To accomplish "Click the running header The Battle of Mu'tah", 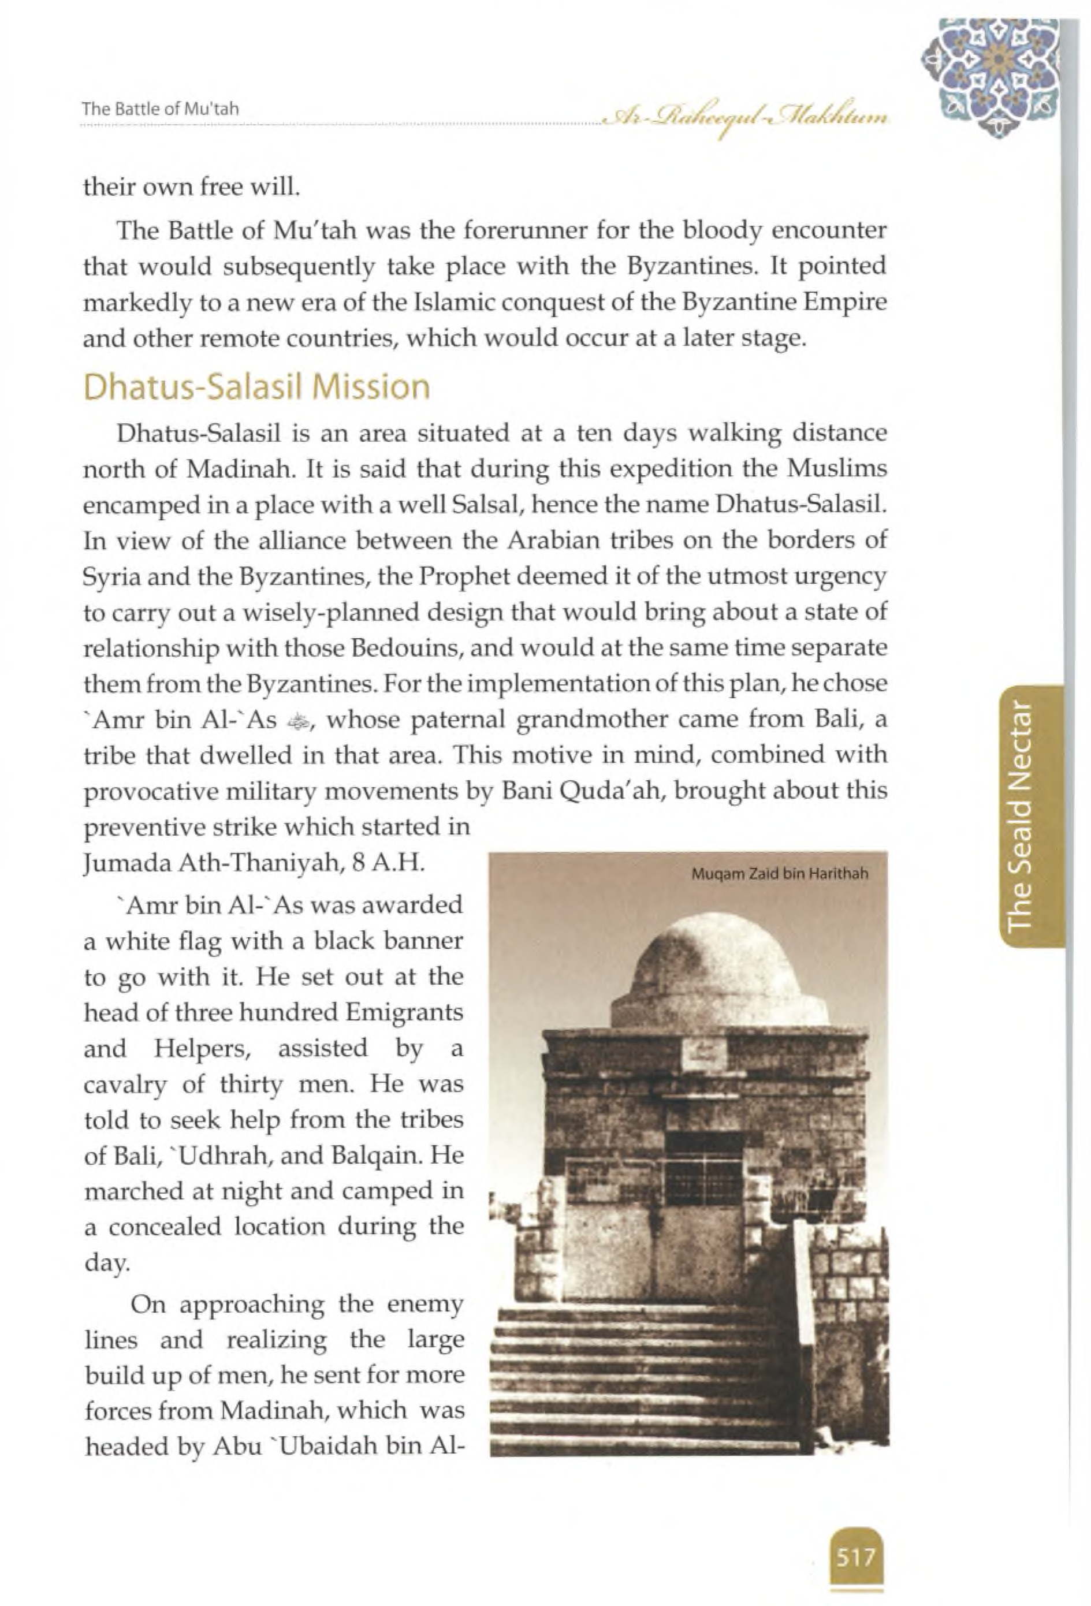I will (x=161, y=109).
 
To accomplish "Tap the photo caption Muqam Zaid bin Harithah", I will (x=779, y=874).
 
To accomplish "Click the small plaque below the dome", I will (x=705, y=1054).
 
